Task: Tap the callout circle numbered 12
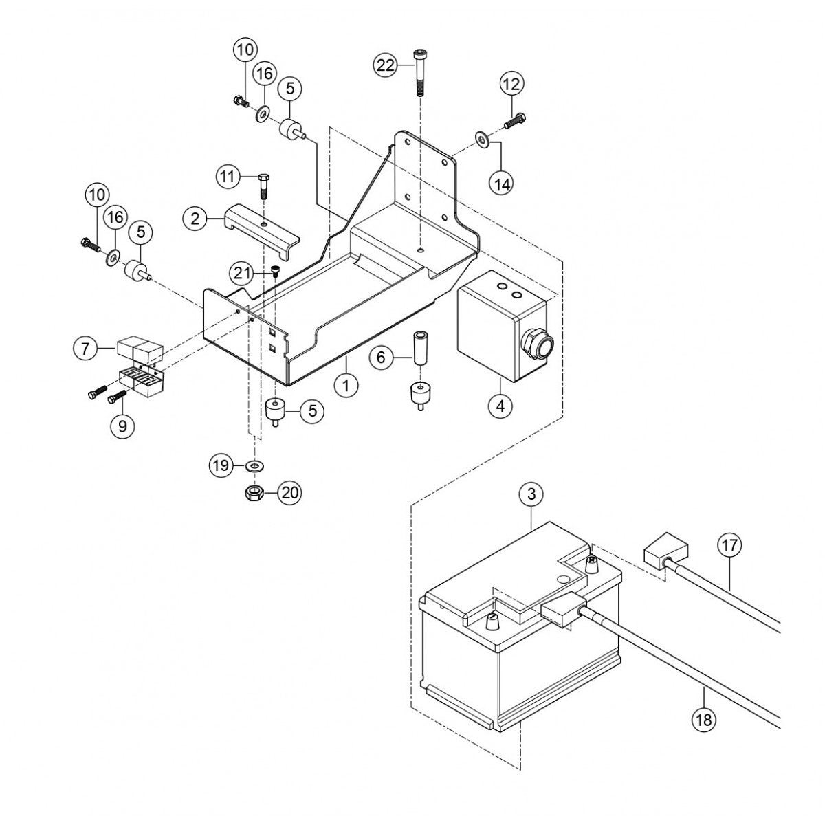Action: [512, 85]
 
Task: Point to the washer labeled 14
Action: [482, 141]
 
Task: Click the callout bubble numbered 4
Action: [500, 406]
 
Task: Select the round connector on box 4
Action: [536, 342]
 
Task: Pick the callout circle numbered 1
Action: [346, 385]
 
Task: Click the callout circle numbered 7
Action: [85, 349]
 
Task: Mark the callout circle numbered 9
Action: [122, 426]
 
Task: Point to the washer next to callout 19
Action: [255, 466]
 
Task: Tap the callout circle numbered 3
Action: [531, 494]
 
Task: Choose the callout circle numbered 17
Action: [729, 545]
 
